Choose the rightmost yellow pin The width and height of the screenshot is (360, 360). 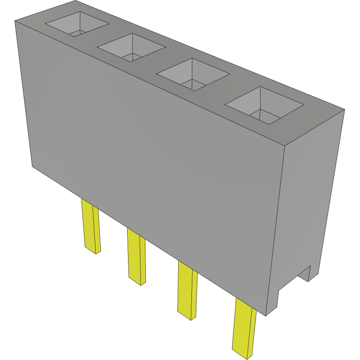(244, 326)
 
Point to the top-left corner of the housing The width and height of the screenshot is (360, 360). (15, 21)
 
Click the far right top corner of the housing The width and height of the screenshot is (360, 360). (345, 109)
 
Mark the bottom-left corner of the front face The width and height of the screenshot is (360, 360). (32, 166)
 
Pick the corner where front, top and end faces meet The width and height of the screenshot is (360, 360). (284, 146)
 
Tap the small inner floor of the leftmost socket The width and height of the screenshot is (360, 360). (77, 33)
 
